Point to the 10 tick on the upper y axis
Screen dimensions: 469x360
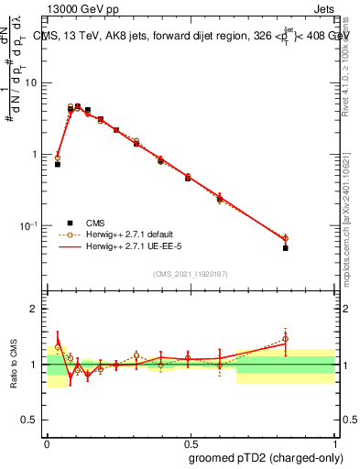[36, 83]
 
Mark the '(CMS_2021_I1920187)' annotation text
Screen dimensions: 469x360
[190, 273]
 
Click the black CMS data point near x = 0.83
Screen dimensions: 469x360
[286, 247]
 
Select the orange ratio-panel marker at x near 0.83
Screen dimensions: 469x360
[286, 339]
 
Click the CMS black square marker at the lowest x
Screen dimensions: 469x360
[58, 164]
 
